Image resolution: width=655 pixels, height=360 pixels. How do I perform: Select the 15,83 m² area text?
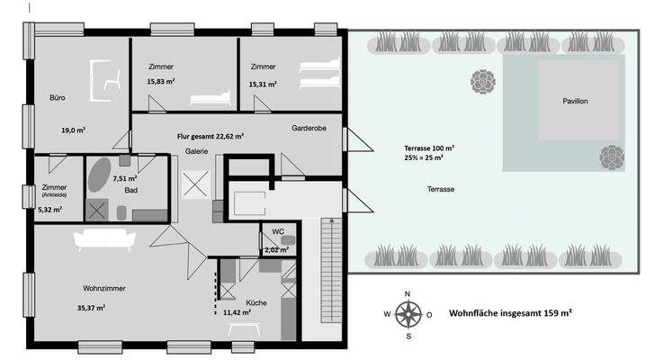pyautogui.click(x=160, y=82)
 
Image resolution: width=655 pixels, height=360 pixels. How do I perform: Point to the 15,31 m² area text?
pyautogui.click(x=263, y=83)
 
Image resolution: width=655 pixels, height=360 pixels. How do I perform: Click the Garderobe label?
pyautogui.click(x=308, y=129)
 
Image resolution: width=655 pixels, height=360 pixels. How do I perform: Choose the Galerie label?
pyautogui.click(x=197, y=151)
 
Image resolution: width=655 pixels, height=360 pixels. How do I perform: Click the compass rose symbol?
pyautogui.click(x=408, y=314)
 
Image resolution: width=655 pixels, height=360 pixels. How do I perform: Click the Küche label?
pyautogui.click(x=256, y=303)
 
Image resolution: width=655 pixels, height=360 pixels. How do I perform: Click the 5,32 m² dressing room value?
pyautogui.click(x=51, y=210)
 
